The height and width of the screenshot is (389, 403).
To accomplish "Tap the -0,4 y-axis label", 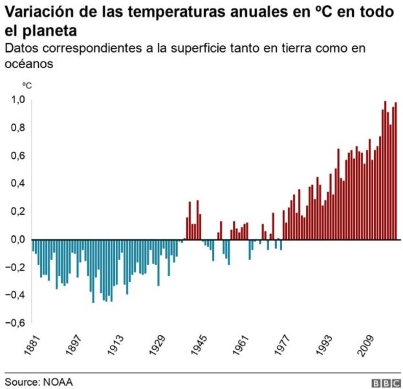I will coord(15,295).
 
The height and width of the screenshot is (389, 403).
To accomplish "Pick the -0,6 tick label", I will coord(15,323).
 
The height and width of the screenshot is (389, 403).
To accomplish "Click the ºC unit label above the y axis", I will coord(27,85).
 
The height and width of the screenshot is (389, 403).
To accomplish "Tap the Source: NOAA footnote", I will coord(39,381).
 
